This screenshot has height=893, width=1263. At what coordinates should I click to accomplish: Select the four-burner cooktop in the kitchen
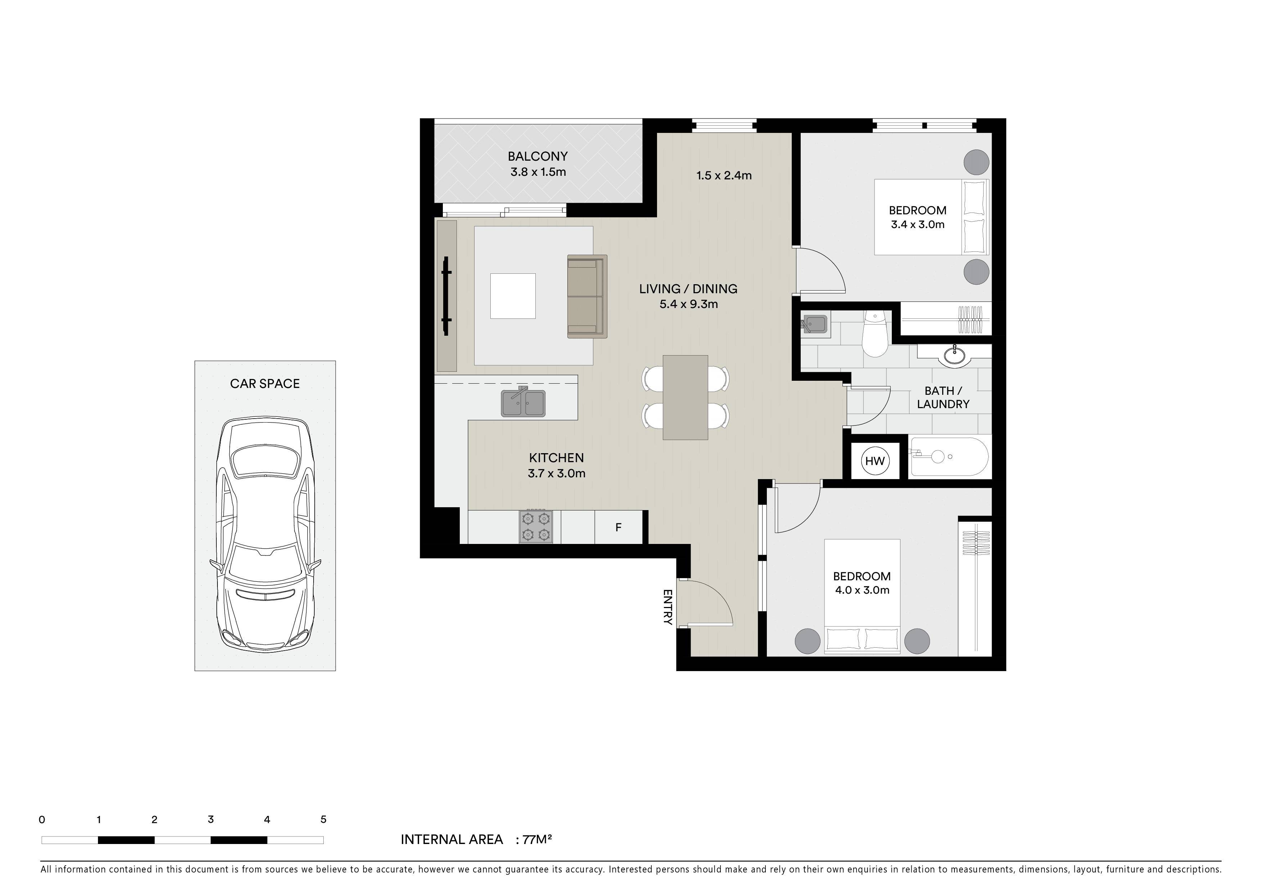[x=536, y=527]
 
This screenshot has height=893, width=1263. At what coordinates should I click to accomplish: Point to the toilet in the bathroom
[x=873, y=334]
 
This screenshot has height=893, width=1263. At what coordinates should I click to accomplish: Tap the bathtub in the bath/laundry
[x=949, y=457]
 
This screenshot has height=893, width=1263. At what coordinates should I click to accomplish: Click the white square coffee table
[x=513, y=296]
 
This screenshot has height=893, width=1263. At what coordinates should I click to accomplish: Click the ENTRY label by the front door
[x=668, y=607]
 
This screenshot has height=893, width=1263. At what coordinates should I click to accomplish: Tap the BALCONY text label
[x=538, y=156]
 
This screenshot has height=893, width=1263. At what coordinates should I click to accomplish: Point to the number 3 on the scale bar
[x=211, y=819]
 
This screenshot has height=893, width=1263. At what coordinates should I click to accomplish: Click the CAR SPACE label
[x=265, y=384]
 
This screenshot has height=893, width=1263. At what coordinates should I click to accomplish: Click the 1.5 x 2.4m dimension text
[x=724, y=175]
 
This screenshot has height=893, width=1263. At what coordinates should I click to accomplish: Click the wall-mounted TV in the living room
[x=446, y=296]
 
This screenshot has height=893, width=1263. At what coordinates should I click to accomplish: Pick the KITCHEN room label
[x=556, y=457]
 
